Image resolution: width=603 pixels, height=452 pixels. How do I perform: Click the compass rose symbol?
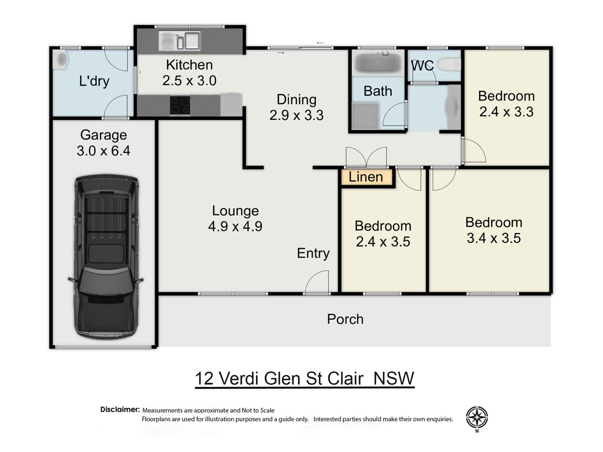pyautogui.click(x=477, y=418)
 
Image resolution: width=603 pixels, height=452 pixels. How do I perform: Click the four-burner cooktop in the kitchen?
pyautogui.click(x=180, y=105)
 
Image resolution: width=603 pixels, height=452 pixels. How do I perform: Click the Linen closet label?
pyautogui.click(x=366, y=177)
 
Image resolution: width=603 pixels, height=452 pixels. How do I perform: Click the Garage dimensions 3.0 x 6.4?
pyautogui.click(x=103, y=151)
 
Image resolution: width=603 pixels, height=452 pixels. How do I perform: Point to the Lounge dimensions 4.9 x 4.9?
pyautogui.click(x=235, y=226)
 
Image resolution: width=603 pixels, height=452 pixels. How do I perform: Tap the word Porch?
pyautogui.click(x=345, y=319)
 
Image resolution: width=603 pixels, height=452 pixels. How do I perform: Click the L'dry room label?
pyautogui.click(x=94, y=81)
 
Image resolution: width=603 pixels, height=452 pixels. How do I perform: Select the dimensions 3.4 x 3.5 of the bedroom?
pyautogui.click(x=494, y=238)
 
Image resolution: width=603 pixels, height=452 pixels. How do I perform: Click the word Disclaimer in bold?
pyautogui.click(x=120, y=410)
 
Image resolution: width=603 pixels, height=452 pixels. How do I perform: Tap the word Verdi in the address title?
pyautogui.click(x=238, y=378)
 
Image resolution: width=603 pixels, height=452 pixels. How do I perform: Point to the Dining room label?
pyautogui.click(x=296, y=100)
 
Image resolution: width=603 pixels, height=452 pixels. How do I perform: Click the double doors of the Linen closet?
pyautogui.click(x=366, y=157)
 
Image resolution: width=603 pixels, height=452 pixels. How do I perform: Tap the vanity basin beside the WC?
pyautogui.click(x=453, y=107)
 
